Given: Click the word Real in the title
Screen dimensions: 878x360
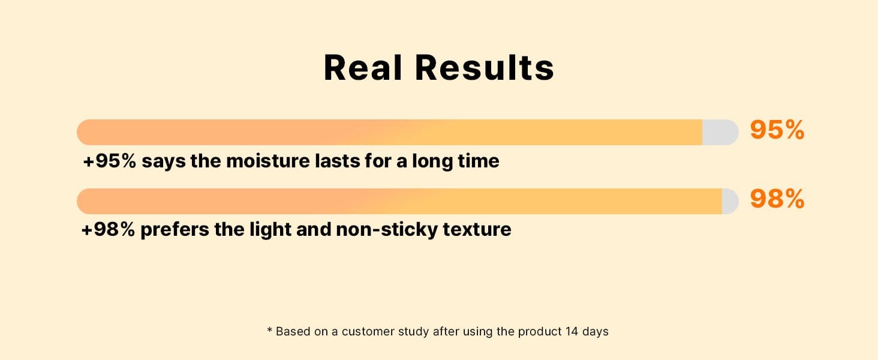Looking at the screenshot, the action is tap(363, 68).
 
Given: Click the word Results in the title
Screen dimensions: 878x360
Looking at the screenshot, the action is tap(485, 68).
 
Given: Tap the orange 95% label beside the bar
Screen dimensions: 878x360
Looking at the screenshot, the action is tap(777, 130).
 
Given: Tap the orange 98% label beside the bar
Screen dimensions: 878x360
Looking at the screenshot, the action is tap(777, 199).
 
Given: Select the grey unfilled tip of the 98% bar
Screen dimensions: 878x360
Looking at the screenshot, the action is tap(730, 201).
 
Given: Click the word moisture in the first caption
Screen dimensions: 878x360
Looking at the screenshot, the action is tap(268, 161).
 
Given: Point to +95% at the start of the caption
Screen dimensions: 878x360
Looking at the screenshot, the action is tap(109, 161).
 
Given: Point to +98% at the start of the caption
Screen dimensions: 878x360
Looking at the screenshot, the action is tap(108, 229).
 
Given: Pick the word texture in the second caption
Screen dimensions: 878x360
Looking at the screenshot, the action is tap(477, 229).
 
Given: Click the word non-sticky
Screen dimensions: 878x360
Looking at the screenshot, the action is tap(387, 230).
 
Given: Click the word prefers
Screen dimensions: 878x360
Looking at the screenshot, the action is tap(175, 230).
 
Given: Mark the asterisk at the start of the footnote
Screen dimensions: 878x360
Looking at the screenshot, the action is tap(270, 329).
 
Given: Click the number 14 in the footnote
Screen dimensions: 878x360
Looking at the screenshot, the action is tap(572, 331).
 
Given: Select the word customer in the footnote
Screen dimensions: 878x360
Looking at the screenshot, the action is tap(368, 332).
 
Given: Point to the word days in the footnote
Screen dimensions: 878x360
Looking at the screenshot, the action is tap(596, 332).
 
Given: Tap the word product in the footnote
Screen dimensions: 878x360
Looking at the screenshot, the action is tap(540, 332).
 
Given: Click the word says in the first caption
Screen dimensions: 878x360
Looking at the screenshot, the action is tap(164, 162).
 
